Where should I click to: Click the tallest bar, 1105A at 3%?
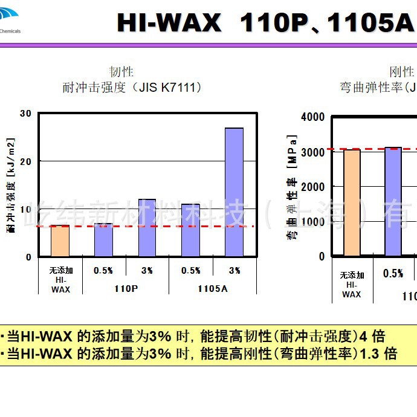(x=234, y=192)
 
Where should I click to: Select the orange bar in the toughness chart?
(x=60, y=241)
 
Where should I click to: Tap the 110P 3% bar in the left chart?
(x=147, y=228)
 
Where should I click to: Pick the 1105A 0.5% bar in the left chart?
(x=190, y=230)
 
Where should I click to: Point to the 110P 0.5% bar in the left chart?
(x=103, y=240)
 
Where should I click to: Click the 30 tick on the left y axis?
(x=25, y=113)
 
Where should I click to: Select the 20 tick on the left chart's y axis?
(x=25, y=161)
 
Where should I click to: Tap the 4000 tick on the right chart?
(x=313, y=117)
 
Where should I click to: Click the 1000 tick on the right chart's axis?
(x=313, y=221)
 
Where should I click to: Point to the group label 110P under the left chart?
(x=126, y=288)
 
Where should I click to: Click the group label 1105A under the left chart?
(x=213, y=288)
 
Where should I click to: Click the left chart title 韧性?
(x=121, y=72)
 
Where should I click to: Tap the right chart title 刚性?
(x=401, y=72)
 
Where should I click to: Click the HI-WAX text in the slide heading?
(x=169, y=24)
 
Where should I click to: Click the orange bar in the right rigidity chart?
(x=352, y=202)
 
